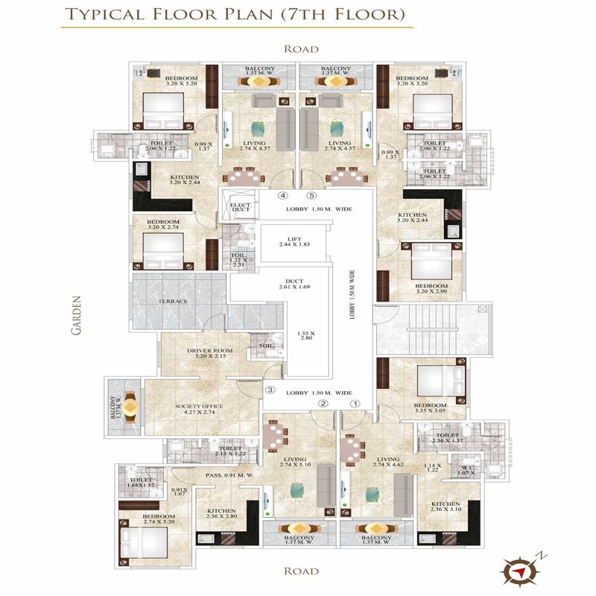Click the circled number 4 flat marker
pyautogui.click(x=282, y=196)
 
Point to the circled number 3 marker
pyautogui.click(x=270, y=390)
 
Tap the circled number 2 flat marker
pyautogui.click(x=323, y=403)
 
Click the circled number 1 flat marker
pyautogui.click(x=355, y=403)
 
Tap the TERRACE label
pyautogui.click(x=172, y=301)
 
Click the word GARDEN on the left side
pyautogui.click(x=76, y=317)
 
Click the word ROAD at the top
pyautogui.click(x=301, y=49)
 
